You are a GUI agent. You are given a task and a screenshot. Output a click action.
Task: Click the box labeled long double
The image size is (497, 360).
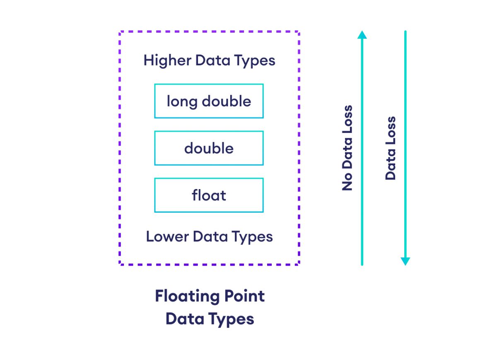pos(209,101)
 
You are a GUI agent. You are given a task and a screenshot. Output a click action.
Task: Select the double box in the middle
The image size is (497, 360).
pos(209,148)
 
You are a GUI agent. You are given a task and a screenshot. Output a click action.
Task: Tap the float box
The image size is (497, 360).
pos(209,195)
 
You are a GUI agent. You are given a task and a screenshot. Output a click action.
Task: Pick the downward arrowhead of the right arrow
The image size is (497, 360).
pos(405,262)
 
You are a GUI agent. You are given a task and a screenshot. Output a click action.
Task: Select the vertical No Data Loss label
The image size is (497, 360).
pos(347,148)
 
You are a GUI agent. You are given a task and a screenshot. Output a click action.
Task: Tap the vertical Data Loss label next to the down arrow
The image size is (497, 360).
pos(391,148)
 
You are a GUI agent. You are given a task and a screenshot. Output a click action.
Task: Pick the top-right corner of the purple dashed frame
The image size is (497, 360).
pos(299,31)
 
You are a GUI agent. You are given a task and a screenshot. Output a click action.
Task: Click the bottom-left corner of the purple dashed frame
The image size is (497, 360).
pos(120,264)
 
